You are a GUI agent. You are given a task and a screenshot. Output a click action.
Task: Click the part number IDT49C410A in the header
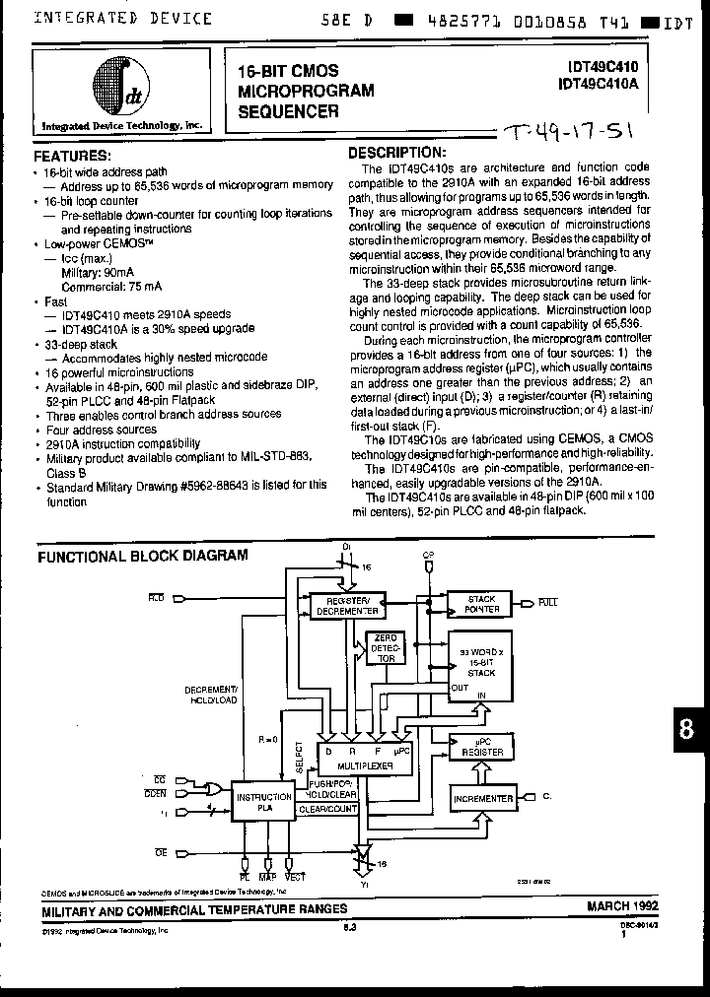point(603,86)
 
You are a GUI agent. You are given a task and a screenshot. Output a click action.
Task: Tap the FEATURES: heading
point(73,157)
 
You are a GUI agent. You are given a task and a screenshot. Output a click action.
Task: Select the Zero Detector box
point(386,646)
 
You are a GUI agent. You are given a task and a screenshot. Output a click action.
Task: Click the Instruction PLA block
point(262,803)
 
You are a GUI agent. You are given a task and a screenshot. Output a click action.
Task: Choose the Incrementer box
point(483,799)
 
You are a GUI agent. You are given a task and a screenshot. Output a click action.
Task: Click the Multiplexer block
point(360,757)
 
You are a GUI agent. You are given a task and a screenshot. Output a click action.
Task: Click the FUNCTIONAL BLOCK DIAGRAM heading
point(143,556)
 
